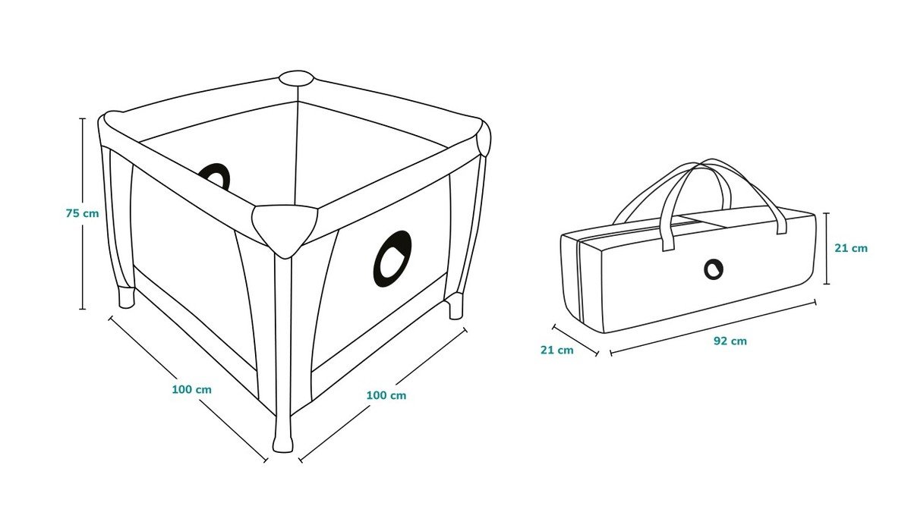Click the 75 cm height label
click(x=82, y=213)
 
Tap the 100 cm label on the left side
click(x=191, y=389)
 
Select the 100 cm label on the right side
click(x=386, y=395)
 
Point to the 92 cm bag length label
click(x=730, y=341)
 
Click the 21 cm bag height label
click(x=851, y=248)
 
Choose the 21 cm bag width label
click(x=557, y=350)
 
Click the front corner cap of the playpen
click(x=285, y=230)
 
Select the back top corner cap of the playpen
click(x=296, y=77)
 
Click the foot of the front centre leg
click(x=283, y=443)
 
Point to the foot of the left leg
click(x=127, y=297)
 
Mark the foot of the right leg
click(x=455, y=308)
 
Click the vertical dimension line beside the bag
click(x=827, y=248)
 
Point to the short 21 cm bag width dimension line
click(x=575, y=341)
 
